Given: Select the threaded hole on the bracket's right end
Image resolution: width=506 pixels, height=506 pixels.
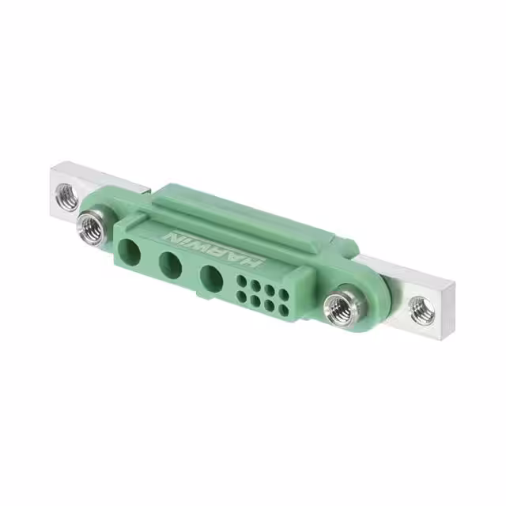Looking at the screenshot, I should [x=422, y=309].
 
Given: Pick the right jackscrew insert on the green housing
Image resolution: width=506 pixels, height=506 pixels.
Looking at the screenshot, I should [x=342, y=305].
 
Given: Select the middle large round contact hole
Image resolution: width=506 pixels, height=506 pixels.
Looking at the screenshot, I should [x=170, y=265].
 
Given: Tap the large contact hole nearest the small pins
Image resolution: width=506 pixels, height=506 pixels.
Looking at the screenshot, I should [x=211, y=278].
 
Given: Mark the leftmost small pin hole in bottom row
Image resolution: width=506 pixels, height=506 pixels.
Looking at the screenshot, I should [x=241, y=297].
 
